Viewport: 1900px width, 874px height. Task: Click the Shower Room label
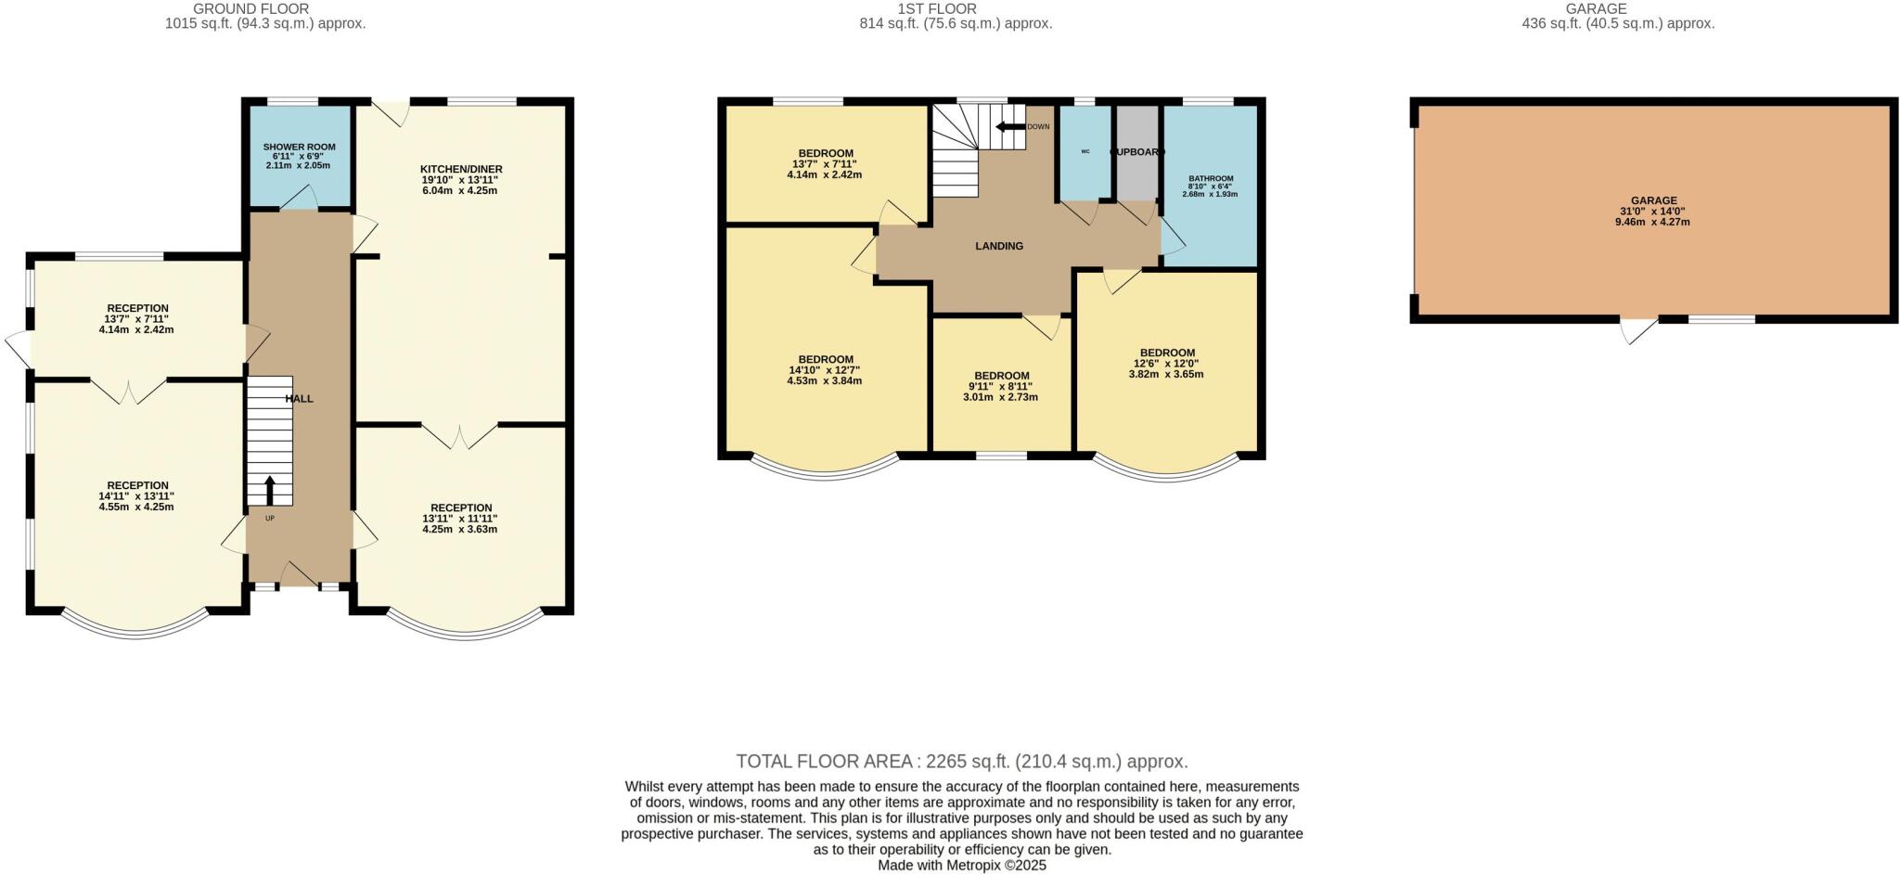[299, 147]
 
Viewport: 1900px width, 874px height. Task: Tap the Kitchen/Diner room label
[460, 170]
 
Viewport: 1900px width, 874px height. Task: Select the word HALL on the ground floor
[299, 398]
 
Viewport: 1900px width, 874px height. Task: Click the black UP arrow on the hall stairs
[270, 489]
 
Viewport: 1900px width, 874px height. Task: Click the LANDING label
[999, 246]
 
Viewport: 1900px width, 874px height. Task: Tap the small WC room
[1085, 152]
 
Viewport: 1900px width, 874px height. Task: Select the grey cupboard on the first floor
[1136, 152]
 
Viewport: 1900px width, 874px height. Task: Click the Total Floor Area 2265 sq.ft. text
[961, 762]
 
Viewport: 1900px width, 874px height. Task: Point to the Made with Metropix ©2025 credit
[961, 865]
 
